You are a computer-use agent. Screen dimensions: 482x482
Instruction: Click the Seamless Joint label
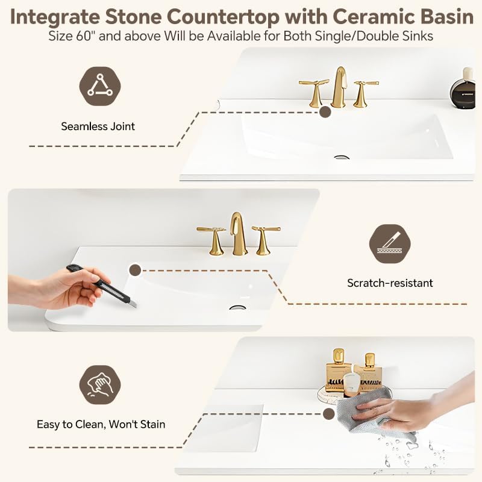(98, 127)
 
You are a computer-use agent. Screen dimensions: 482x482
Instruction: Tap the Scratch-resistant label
(390, 283)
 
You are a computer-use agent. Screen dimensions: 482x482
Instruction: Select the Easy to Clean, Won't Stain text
(101, 424)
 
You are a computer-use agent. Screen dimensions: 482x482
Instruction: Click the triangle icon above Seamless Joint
(100, 86)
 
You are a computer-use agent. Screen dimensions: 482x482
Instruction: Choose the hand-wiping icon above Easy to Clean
(100, 384)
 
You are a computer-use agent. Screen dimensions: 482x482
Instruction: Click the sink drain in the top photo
(342, 157)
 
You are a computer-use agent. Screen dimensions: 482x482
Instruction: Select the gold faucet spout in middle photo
(239, 232)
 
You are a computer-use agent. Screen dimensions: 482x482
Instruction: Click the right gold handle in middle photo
(264, 239)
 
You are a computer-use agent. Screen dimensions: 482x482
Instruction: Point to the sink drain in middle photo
(237, 307)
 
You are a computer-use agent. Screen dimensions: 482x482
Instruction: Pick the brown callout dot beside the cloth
(328, 414)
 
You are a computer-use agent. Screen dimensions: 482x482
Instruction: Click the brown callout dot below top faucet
(325, 111)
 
